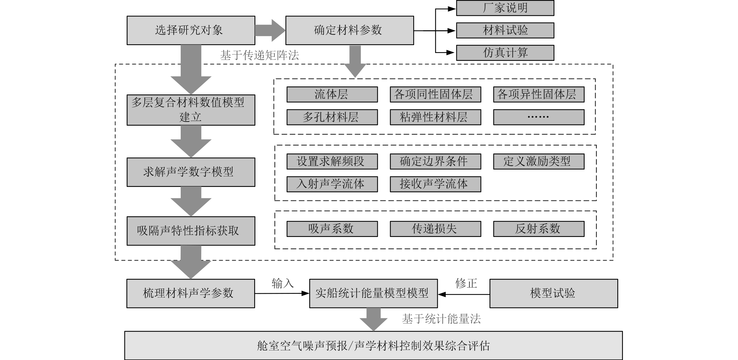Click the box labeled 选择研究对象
191,30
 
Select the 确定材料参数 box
349,30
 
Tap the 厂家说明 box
505,8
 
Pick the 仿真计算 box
505,53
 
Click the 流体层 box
332,94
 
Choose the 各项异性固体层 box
539,94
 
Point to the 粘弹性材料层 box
435,117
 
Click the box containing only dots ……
539,117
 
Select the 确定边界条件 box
435,161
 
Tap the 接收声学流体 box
435,184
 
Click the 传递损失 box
435,229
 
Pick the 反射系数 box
539,229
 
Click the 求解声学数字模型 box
191,172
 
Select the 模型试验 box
553,294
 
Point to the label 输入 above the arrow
282,284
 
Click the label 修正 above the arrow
466,283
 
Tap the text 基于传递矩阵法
259,55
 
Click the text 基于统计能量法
441,319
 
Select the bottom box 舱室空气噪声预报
373,346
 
